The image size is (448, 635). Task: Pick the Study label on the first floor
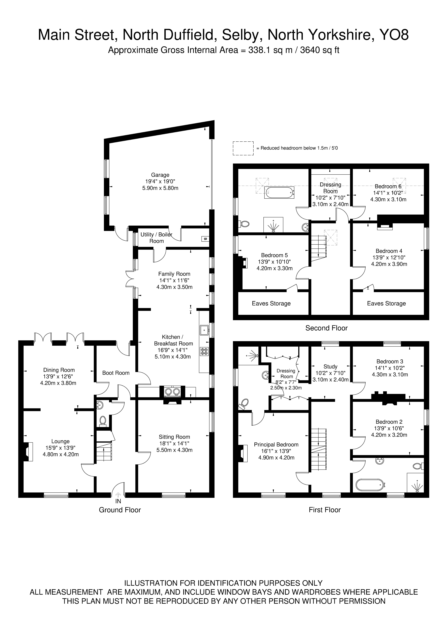tap(330, 366)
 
